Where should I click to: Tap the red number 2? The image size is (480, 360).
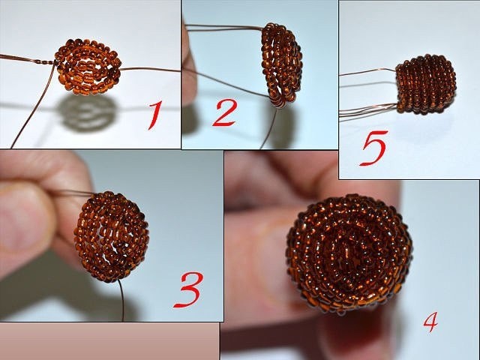225,113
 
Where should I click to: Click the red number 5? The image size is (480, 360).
374,148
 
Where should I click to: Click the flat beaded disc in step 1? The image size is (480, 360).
88,66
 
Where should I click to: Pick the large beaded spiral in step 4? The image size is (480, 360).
349,253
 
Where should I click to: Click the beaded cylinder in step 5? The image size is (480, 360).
425,85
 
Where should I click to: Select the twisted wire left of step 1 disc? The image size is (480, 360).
28,58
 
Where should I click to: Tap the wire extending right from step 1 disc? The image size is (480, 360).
150,70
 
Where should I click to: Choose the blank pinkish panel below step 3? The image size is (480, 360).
109,341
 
